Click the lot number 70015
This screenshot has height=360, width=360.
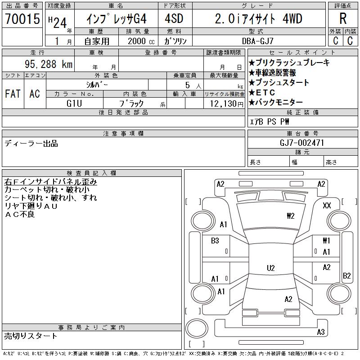pyautogui.click(x=22, y=18)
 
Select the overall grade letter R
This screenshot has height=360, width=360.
pyautogui.click(x=343, y=18)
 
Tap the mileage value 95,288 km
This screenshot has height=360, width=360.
pyautogui.click(x=49, y=64)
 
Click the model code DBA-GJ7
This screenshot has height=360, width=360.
pyautogui.click(x=258, y=41)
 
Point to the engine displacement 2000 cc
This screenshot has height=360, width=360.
pyautogui.click(x=141, y=41)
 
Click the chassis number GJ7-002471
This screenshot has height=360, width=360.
pyautogui.click(x=301, y=143)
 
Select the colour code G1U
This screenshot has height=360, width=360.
pyautogui.click(x=74, y=103)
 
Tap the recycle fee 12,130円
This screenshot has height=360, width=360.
pyautogui.click(x=227, y=104)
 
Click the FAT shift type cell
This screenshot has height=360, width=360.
pyautogui.click(x=13, y=94)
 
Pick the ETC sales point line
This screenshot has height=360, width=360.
pyautogui.click(x=262, y=93)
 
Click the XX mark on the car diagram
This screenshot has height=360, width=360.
pyautogui.click(x=327, y=205)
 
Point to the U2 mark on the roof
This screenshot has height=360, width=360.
pyautogui.click(x=271, y=268)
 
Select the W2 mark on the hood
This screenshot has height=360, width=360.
pyautogui.click(x=290, y=216)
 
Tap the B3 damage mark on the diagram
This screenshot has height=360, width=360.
pyautogui.click(x=215, y=241)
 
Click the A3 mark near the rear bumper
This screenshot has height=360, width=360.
pyautogui.click(x=321, y=332)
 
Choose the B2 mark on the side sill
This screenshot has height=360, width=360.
pyautogui.click(x=346, y=275)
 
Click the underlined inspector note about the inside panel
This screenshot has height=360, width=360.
pyautogui.click(x=50, y=182)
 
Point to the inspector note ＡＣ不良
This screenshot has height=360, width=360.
pyautogui.click(x=20, y=214)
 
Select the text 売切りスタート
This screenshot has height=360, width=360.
pyautogui.click(x=31, y=336)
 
